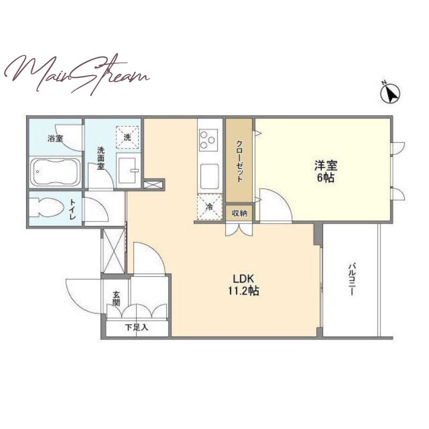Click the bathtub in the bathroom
tap(55, 172)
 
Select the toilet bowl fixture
tap(47, 207)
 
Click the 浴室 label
tap(55, 138)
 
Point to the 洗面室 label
tap(101, 158)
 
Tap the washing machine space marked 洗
tap(127, 137)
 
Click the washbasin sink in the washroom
tap(128, 170)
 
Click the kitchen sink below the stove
tap(209, 176)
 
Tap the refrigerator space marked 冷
tap(210, 206)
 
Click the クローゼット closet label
tap(239, 161)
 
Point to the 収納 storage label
tap(239, 213)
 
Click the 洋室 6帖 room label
tap(326, 172)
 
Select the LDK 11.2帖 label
tap(243, 285)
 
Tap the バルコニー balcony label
tap(352, 279)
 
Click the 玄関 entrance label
tap(116, 299)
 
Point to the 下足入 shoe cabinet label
tap(137, 327)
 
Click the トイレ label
tap(73, 209)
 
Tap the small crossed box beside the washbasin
tap(153, 184)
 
